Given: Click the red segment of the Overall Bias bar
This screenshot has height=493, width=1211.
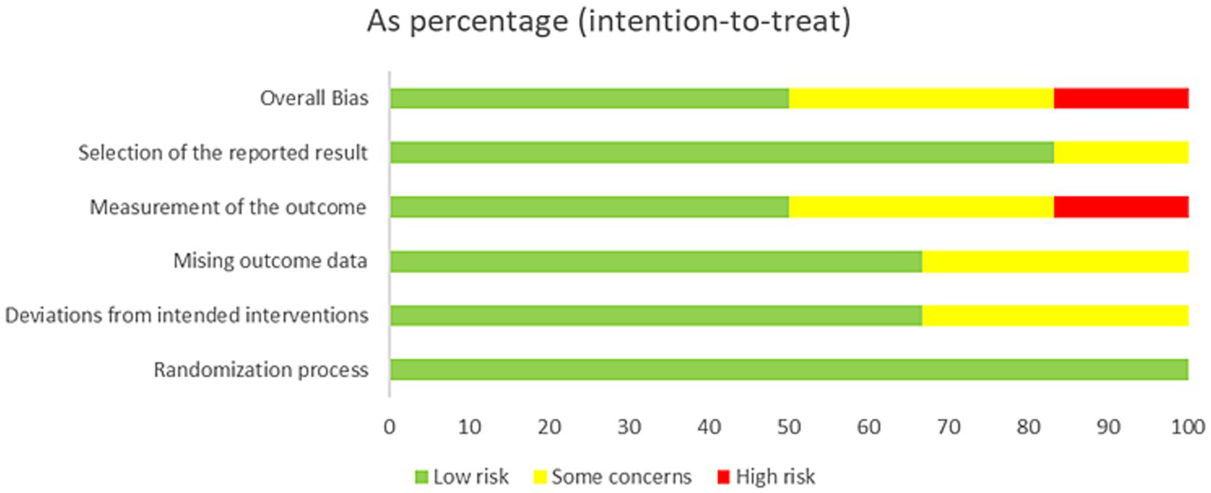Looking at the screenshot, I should (1121, 99).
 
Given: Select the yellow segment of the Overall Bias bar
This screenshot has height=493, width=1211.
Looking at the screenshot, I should (921, 99).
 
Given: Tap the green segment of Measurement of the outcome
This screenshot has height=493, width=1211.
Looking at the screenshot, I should (589, 207).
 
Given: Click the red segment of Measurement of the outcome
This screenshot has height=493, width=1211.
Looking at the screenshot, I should (1121, 207).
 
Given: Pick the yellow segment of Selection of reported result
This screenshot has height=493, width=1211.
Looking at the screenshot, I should (1121, 153).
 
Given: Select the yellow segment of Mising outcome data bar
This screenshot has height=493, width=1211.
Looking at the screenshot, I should (1055, 261).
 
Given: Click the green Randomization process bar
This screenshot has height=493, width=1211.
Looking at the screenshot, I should (789, 369).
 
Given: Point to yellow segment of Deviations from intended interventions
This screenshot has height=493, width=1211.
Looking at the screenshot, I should (1055, 315).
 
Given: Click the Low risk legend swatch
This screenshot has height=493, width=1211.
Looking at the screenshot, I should (420, 477).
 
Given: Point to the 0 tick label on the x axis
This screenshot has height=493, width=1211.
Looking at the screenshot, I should (389, 428).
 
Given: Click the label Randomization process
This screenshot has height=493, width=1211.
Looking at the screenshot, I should (260, 370).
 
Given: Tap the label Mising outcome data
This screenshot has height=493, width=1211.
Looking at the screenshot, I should (270, 262).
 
